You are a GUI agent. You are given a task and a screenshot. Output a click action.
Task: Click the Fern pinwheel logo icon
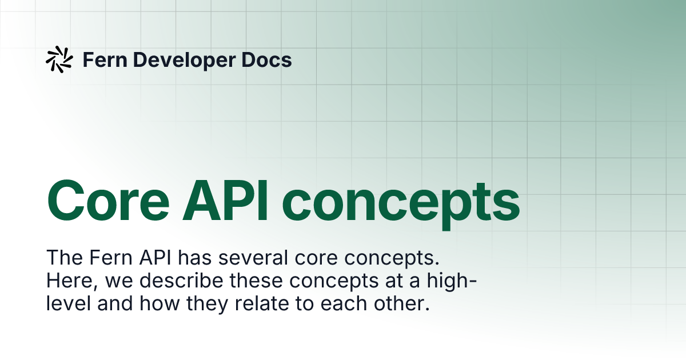tap(59, 59)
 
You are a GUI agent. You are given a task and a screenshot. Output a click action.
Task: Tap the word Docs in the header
tap(266, 59)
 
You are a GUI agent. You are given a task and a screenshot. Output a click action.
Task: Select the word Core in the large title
tap(108, 201)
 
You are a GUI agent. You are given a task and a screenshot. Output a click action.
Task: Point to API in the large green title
tap(225, 201)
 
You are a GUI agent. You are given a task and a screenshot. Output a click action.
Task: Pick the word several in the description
tap(253, 258)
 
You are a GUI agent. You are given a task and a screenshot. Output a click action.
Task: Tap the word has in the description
tap(195, 258)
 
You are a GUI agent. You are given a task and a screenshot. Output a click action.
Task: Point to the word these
tap(256, 281)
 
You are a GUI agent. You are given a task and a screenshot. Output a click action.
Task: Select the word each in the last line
tap(344, 303)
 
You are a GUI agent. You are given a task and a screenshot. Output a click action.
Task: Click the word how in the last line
tap(159, 303)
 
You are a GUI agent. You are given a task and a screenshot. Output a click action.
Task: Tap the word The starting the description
tap(65, 258)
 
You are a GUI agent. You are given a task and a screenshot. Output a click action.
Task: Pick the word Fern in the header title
tap(105, 59)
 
